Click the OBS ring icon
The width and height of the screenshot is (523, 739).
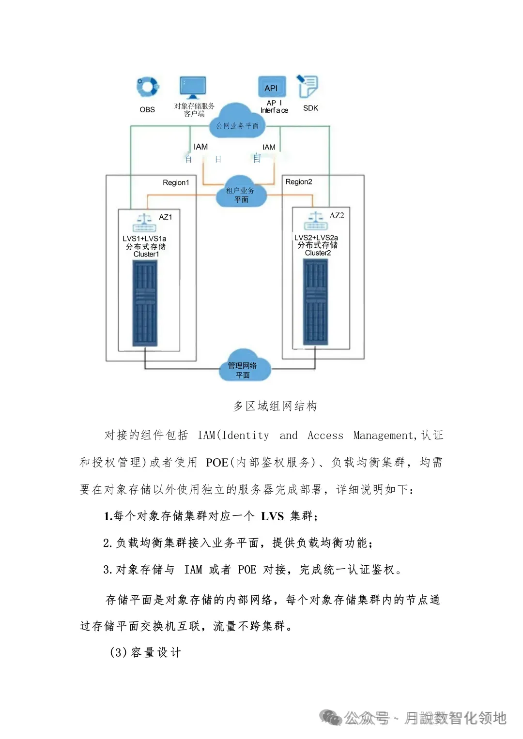point(147,87)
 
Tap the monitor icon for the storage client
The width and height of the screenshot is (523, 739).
point(193,88)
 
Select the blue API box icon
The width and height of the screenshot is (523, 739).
point(272,87)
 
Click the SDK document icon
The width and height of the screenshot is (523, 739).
point(308,87)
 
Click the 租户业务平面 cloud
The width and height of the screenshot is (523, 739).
point(241,192)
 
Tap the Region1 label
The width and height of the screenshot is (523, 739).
point(176,182)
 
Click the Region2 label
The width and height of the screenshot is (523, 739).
point(299,182)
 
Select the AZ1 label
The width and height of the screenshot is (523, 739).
point(166,217)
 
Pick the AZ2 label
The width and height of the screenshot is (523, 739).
point(337,215)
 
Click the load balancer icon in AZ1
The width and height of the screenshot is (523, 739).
point(144,223)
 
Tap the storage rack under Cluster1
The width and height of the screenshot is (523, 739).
point(145,303)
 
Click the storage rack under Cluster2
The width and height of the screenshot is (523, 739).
point(315,302)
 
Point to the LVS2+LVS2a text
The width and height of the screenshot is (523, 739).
point(316,238)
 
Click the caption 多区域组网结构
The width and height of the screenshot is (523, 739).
point(275,406)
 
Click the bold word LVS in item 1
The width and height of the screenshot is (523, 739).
point(272,516)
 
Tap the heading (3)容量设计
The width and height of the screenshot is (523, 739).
point(145,652)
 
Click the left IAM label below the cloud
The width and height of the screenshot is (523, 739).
point(200,147)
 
